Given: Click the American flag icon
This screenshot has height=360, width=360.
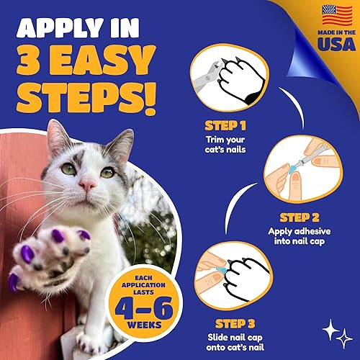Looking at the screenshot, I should click(x=317, y=15).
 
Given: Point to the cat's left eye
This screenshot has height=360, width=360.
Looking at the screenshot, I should click(x=106, y=172).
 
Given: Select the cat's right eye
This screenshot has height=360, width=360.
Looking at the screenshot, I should click(x=69, y=169).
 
